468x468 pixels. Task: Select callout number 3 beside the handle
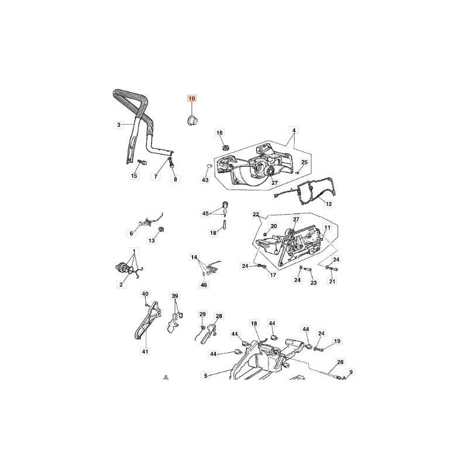point(118,125)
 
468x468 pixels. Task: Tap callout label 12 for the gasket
point(328,204)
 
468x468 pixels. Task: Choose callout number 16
point(220,133)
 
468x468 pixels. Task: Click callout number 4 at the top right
point(294,129)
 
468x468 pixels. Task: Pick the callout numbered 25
point(304,162)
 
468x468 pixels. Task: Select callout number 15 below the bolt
point(134,175)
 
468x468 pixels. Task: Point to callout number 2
point(121,284)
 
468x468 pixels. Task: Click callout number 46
point(204,285)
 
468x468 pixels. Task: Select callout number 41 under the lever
point(144,352)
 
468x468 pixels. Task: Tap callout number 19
point(337,341)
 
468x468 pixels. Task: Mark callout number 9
point(351,371)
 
